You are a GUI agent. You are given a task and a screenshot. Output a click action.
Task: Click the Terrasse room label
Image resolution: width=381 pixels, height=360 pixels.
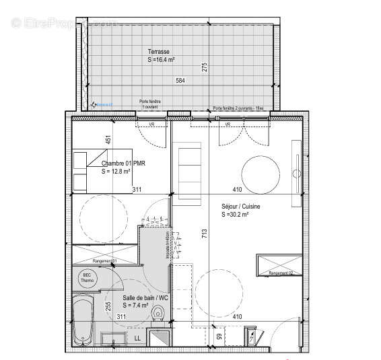point(159,51)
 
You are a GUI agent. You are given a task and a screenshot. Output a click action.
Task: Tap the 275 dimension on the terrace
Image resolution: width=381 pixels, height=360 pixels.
point(204,67)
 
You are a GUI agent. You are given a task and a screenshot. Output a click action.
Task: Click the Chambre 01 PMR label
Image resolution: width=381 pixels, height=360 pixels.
point(124,164)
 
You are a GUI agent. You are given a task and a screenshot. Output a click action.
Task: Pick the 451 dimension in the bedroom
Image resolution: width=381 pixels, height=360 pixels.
point(108,140)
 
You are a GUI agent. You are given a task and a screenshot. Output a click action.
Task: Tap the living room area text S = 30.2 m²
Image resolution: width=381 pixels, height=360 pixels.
point(235,215)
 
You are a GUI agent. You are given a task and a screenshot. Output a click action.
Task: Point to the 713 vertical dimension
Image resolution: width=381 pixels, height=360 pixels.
point(204,233)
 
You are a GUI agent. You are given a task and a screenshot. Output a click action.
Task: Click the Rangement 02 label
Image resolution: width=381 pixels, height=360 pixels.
point(281,273)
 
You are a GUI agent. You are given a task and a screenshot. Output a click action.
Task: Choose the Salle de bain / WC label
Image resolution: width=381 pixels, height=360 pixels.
point(144,298)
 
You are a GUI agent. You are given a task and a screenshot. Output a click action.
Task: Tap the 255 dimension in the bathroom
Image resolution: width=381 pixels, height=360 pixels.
point(108,305)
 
